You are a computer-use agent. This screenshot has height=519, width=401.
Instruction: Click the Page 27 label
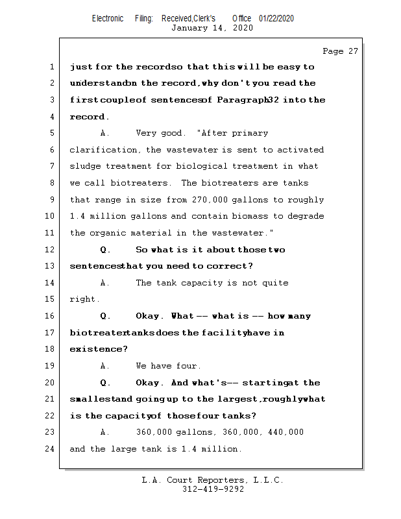click(340, 51)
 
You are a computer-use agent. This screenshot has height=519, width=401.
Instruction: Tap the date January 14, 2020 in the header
click(212, 28)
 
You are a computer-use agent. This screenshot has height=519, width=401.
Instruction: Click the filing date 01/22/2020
click(276, 18)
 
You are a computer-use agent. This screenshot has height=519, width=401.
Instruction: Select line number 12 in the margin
click(51, 250)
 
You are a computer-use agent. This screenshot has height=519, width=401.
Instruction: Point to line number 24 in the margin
click(51, 449)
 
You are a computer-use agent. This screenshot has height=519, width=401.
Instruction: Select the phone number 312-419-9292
click(213, 490)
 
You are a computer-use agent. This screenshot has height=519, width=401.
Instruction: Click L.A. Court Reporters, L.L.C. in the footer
click(212, 480)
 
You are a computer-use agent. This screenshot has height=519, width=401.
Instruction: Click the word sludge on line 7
click(84, 167)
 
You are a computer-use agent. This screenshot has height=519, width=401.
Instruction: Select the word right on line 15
click(84, 300)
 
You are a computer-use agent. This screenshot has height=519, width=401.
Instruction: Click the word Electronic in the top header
click(108, 18)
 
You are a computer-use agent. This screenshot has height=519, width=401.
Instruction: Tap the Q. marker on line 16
click(106, 316)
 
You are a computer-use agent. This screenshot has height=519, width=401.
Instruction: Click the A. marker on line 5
click(105, 133)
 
